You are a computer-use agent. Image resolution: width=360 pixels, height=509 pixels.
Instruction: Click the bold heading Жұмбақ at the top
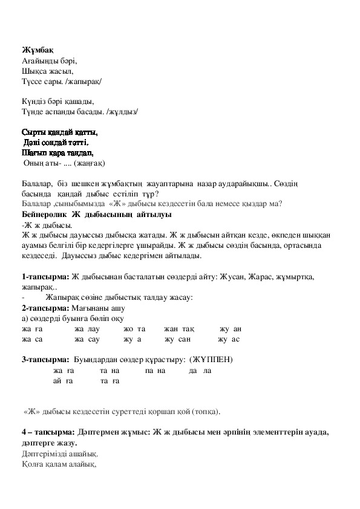click(35, 49)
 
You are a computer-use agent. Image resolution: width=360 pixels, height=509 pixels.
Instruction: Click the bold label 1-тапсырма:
click(45, 276)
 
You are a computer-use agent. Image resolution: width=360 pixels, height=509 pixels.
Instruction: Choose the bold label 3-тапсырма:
click(45, 360)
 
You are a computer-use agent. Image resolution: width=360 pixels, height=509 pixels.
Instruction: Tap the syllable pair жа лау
click(86, 328)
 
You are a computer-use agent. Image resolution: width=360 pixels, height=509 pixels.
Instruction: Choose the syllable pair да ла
click(200, 370)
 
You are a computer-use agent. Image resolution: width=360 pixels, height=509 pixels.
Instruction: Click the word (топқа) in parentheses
click(205, 412)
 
